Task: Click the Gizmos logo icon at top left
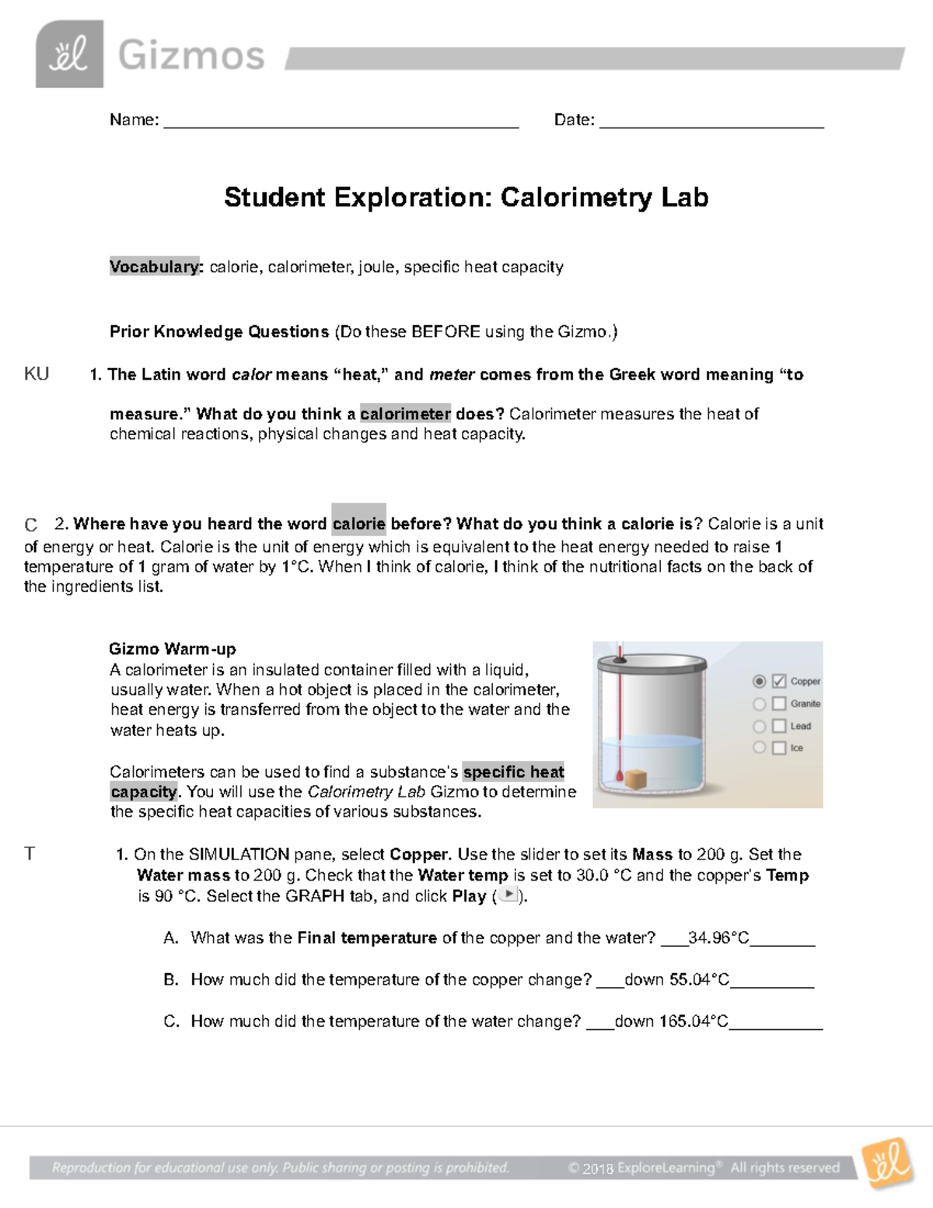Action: coord(69,54)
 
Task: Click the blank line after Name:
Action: coord(341,124)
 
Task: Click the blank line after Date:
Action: coord(711,124)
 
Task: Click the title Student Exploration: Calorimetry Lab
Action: coord(466,198)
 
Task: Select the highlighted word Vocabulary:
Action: coord(156,267)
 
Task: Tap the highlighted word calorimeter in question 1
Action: coord(405,414)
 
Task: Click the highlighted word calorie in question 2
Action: coord(358,523)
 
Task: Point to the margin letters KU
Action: coord(37,374)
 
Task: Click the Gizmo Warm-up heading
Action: coord(173,649)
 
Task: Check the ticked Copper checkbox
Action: coord(779,681)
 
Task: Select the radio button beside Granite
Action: coord(760,704)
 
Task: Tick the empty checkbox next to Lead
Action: coord(779,727)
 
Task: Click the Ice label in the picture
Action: coord(797,748)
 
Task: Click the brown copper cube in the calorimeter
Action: coord(638,778)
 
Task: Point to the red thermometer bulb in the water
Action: coord(619,776)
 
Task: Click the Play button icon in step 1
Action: coord(508,895)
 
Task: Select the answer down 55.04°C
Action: coord(676,980)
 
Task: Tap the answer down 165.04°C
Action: coord(671,1021)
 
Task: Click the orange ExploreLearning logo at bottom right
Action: coord(886,1163)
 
